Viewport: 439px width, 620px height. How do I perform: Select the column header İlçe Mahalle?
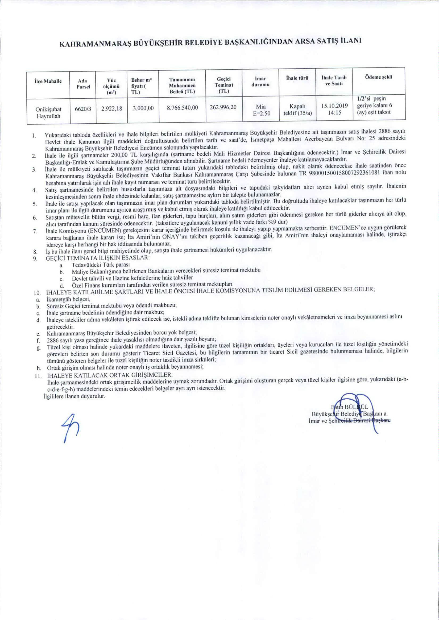coord(48,81)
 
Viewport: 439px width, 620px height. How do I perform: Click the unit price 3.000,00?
coord(143,108)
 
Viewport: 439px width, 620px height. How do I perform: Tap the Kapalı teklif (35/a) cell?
coord(297,110)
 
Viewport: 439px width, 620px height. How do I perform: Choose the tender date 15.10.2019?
coord(334,106)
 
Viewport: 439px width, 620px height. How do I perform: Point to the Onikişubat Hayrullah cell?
coord(48,113)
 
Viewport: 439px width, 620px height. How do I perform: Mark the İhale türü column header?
coord(297,78)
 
